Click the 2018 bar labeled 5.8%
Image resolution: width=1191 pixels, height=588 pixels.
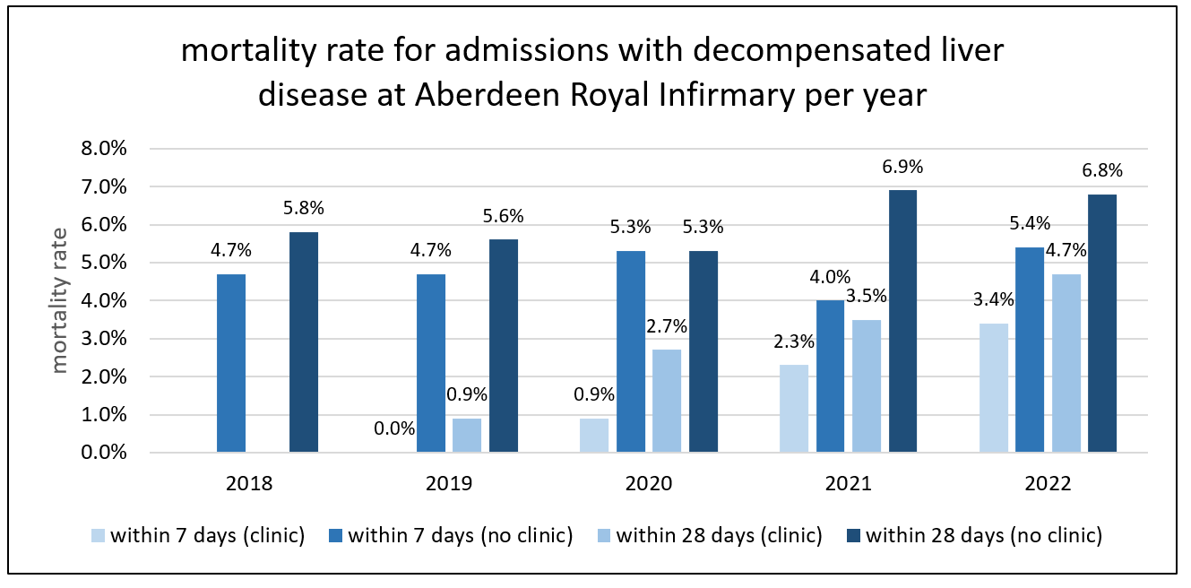click(304, 342)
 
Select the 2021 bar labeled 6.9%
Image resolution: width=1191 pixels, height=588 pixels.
click(902, 320)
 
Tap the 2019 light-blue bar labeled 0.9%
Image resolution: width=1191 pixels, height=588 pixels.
click(466, 435)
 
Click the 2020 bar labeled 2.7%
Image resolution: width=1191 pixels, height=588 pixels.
click(667, 401)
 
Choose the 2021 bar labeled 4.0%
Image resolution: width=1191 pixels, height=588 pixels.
click(830, 376)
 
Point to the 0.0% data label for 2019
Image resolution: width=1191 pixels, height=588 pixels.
click(394, 428)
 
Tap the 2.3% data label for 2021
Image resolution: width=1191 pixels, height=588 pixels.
click(794, 341)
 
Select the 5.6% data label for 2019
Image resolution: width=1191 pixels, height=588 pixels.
click(503, 216)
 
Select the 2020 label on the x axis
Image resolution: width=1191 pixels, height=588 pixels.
click(649, 484)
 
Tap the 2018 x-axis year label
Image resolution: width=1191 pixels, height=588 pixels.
click(250, 484)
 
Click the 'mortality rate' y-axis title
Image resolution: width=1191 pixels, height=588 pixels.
click(60, 299)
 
